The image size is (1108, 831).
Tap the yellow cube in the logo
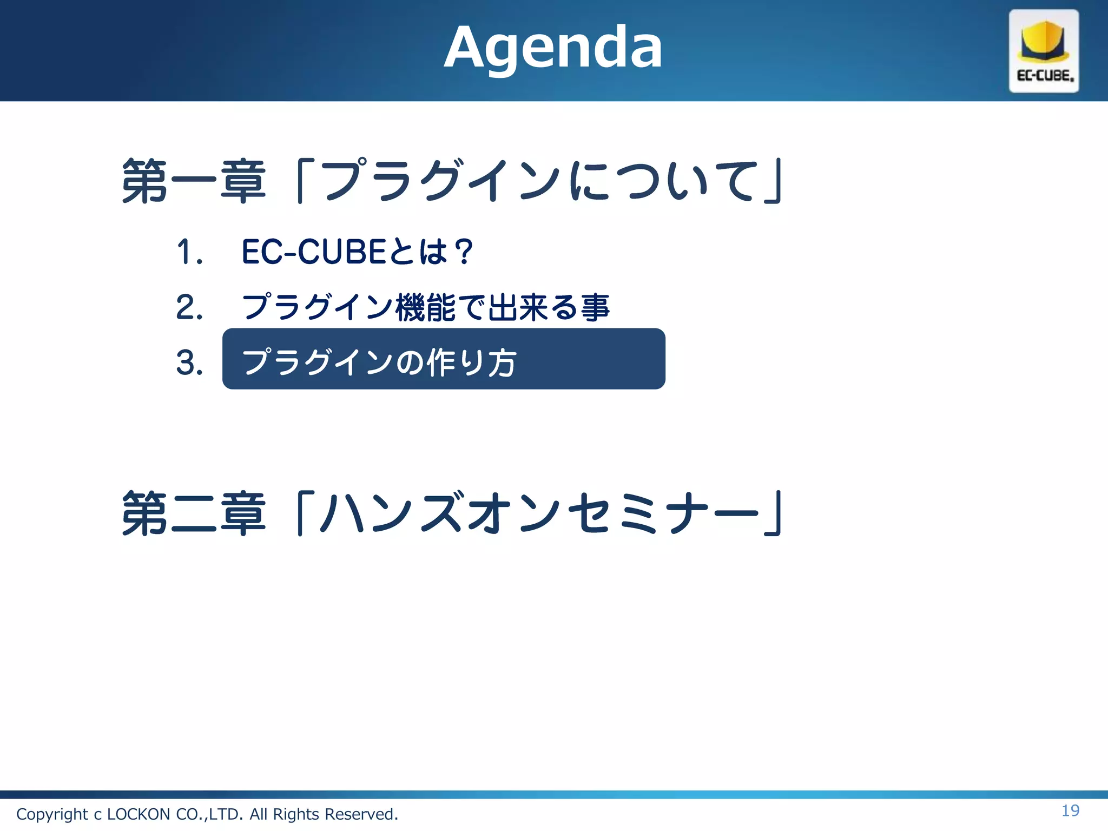(x=1043, y=41)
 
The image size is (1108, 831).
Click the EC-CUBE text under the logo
(x=1045, y=76)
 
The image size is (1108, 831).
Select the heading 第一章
(x=194, y=181)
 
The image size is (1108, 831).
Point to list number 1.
(x=189, y=252)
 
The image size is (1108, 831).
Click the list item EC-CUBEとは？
(x=357, y=252)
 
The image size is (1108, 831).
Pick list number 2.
(x=189, y=307)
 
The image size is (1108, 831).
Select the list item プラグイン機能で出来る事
(x=426, y=307)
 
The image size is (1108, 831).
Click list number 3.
(x=189, y=362)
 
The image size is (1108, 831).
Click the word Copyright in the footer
(x=52, y=814)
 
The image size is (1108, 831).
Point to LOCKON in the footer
(x=138, y=814)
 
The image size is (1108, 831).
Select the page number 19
(x=1070, y=810)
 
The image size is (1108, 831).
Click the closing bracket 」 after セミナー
(x=774, y=514)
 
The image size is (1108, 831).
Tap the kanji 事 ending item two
(x=595, y=307)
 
